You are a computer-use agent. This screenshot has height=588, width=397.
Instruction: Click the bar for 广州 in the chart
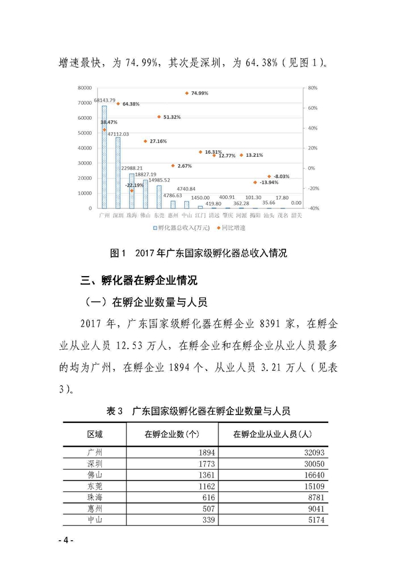click(104, 158)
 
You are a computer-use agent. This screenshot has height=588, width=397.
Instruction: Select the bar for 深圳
click(118, 173)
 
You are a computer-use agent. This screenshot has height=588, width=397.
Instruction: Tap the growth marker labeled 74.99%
click(187, 93)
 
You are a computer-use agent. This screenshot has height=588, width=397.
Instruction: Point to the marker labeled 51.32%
click(159, 117)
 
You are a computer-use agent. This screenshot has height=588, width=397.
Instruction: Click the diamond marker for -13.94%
click(255, 182)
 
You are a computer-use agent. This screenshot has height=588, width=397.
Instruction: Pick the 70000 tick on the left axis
click(86, 103)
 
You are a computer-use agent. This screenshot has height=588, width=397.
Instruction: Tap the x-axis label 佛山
click(145, 215)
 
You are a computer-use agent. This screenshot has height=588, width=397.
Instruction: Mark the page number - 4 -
click(65, 540)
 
